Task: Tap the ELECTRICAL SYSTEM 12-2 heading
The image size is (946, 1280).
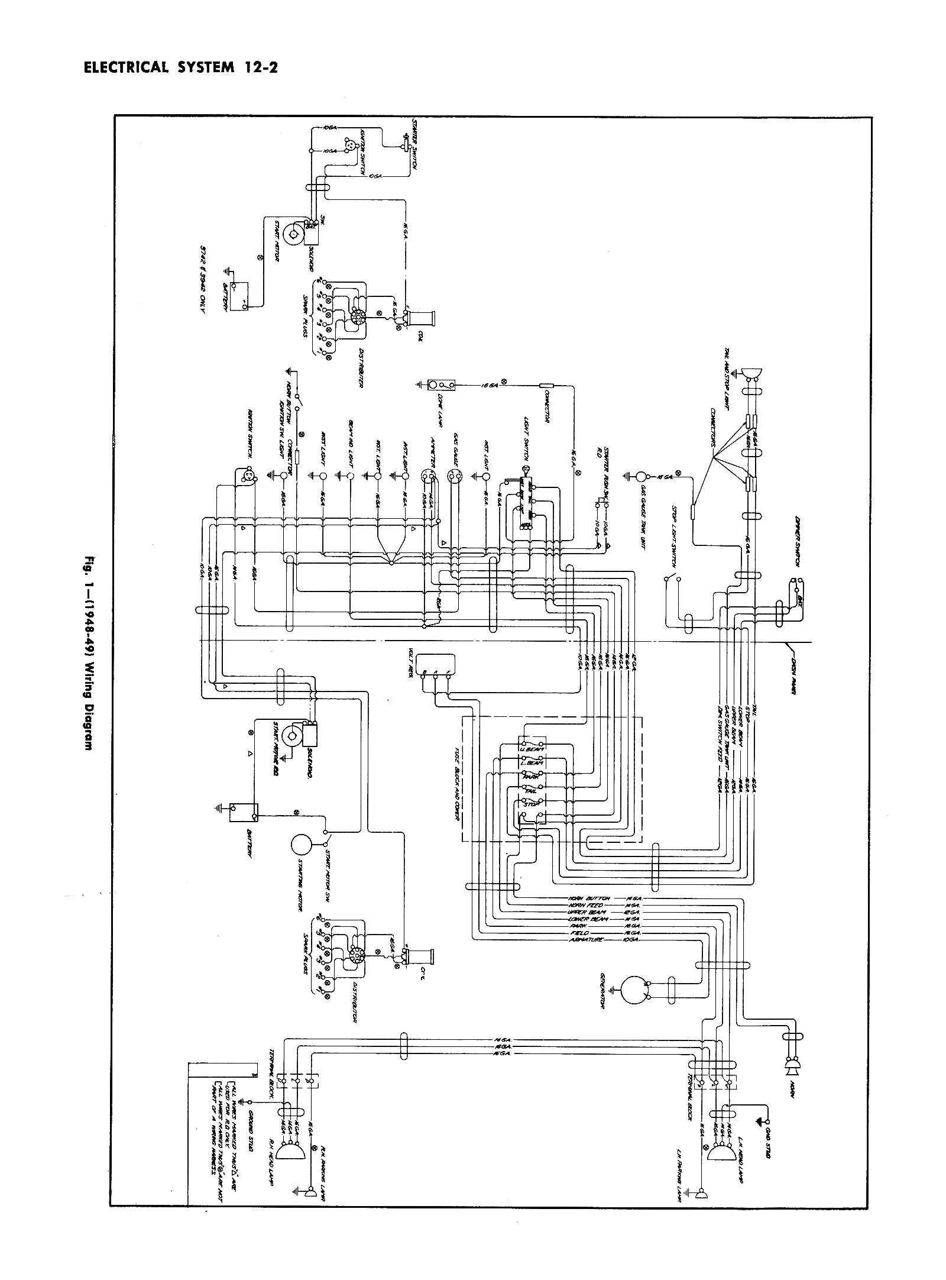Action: point(176,67)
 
